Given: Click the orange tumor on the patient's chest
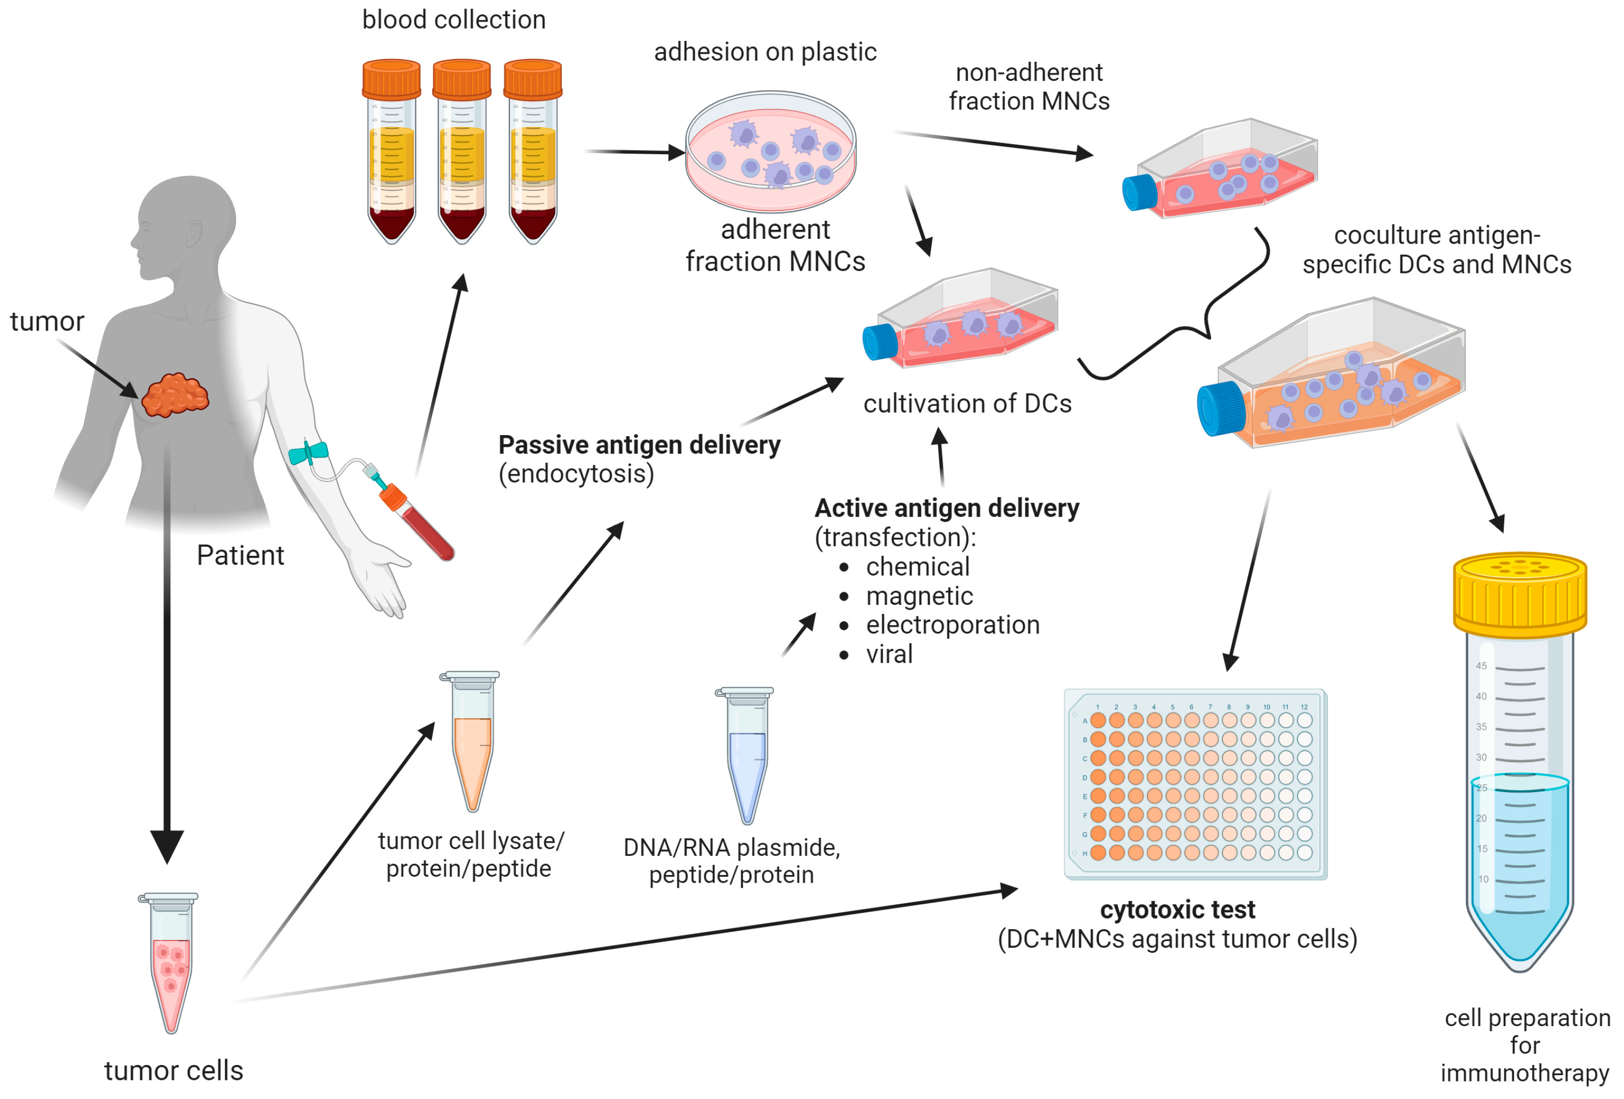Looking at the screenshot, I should (x=175, y=395).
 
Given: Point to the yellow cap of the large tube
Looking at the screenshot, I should (x=1519, y=594).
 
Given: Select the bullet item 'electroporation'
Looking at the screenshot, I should (x=952, y=625).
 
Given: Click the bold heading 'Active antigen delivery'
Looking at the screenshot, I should (x=946, y=508).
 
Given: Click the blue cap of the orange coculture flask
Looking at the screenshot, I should (x=1222, y=409).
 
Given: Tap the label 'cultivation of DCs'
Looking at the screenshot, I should (x=967, y=404).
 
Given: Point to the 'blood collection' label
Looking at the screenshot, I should (x=453, y=20).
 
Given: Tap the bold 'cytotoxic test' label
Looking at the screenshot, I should (x=1177, y=910).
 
